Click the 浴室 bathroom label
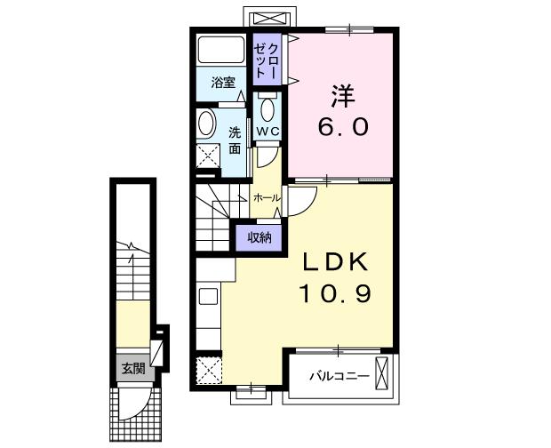[223, 84]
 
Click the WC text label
[268, 132]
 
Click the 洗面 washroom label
[235, 140]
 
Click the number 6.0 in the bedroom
[343, 126]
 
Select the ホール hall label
[267, 197]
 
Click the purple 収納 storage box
[259, 236]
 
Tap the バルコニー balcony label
[339, 376]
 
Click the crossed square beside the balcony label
[384, 373]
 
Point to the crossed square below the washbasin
[208, 157]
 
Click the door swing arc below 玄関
[133, 404]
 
